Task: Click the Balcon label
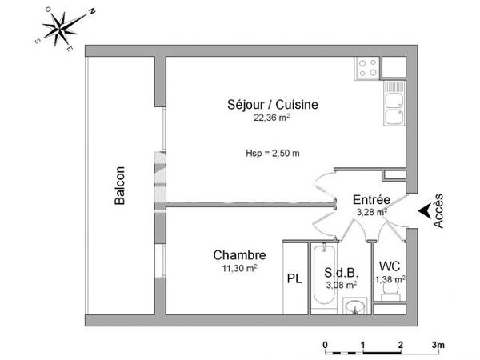pyautogui.click(x=120, y=186)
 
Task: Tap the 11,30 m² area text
pyautogui.click(x=239, y=269)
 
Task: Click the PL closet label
pyautogui.click(x=294, y=279)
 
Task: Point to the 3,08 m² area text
pyautogui.click(x=341, y=282)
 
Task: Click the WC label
pyautogui.click(x=390, y=266)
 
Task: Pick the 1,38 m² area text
pyautogui.click(x=390, y=278)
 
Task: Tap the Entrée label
pyautogui.click(x=371, y=199)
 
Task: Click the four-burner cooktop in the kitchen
pyautogui.click(x=367, y=68)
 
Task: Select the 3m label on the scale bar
pyautogui.click(x=438, y=345)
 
